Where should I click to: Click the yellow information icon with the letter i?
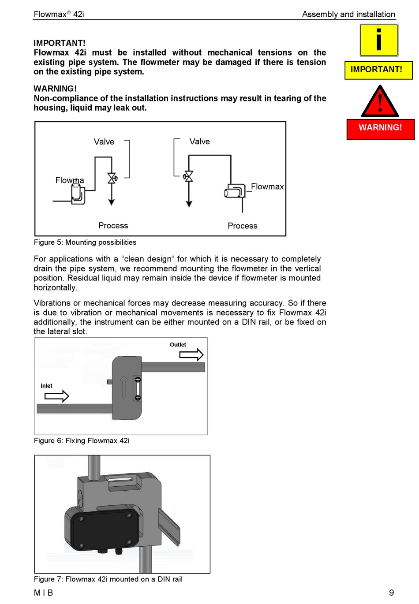379,40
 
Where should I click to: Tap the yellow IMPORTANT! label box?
378,70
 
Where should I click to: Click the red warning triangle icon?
380,102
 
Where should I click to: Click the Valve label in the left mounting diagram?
104,142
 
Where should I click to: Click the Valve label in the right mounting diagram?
200,142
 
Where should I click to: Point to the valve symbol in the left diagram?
112,178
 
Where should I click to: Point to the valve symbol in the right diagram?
189,176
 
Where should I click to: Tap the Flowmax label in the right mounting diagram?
267,186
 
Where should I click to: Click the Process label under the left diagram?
113,226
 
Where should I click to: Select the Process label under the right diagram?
243,226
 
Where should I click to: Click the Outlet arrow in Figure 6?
191,354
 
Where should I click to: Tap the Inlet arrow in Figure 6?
56,396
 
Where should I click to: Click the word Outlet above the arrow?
178,345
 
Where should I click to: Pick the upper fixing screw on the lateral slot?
138,380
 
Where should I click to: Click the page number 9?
391,593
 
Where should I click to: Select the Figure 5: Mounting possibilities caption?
85,242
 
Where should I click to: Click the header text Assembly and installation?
348,15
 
